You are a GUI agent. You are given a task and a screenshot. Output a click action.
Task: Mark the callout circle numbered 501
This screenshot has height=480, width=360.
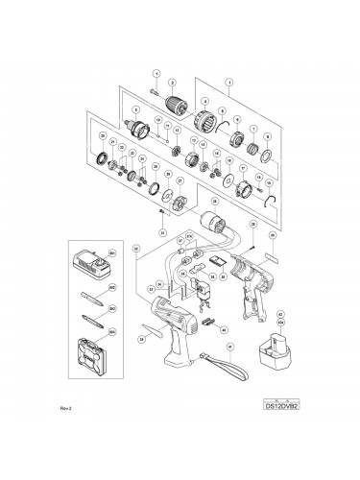[x=112, y=253]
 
